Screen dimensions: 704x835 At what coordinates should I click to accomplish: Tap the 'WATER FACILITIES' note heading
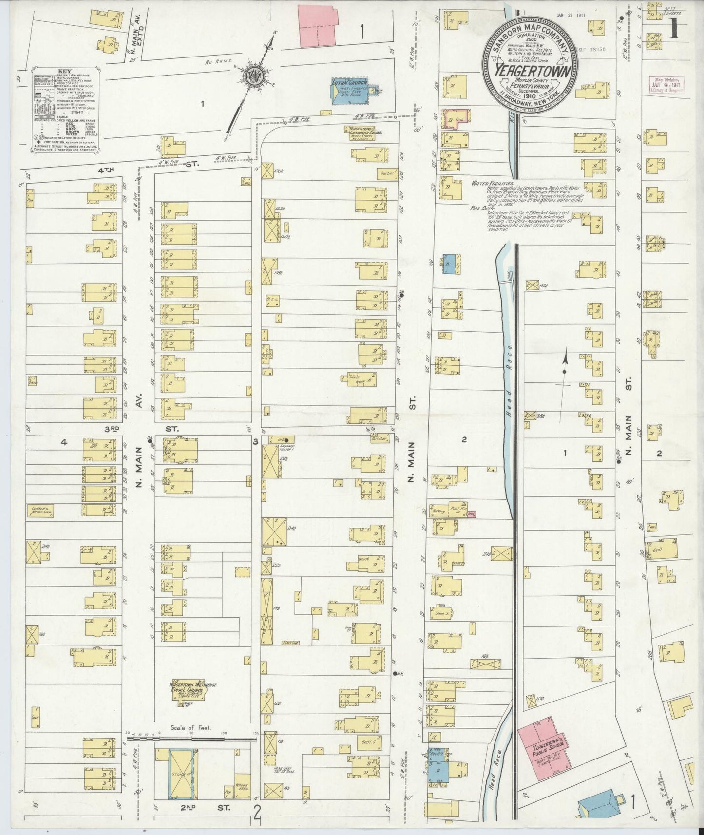click(x=492, y=184)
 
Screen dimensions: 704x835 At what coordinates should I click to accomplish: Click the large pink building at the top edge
click(x=320, y=27)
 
